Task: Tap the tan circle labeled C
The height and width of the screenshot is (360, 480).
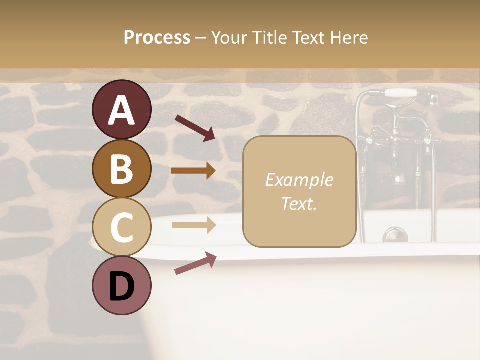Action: pos(122,226)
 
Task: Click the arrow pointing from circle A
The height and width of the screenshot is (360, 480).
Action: pos(195,127)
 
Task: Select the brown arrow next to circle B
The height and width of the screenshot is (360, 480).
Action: pos(193,171)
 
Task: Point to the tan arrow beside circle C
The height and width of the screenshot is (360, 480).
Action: pos(193,225)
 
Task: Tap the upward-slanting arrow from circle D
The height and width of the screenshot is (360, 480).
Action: pos(195,263)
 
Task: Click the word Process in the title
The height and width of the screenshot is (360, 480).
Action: pos(157,37)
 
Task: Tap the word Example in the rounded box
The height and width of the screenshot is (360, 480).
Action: pos(299,180)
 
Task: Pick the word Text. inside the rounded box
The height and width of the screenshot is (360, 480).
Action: pos(299,203)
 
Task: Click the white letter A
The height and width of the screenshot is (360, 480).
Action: pos(122,110)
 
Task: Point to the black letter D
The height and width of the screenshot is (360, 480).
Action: pos(122,286)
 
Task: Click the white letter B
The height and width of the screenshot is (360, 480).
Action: pos(122,169)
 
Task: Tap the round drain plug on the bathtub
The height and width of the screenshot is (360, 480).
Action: pos(395,234)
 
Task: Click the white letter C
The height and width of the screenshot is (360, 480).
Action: pos(122,227)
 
